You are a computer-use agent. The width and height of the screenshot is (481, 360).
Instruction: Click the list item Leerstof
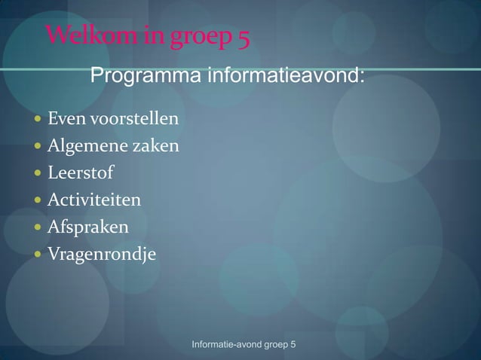pyautogui.click(x=81, y=173)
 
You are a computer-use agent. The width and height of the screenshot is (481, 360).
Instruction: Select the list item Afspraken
pyautogui.click(x=87, y=227)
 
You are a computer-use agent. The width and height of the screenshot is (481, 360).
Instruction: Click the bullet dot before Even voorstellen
pyautogui.click(x=38, y=119)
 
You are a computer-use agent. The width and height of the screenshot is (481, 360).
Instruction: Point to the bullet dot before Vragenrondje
pyautogui.click(x=38, y=255)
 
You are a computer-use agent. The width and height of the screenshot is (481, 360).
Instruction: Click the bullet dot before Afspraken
pyautogui.click(x=38, y=227)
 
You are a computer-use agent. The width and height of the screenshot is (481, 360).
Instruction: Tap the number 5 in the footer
pyautogui.click(x=293, y=344)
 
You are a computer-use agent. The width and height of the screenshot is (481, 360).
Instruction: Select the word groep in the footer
pyautogui.click(x=274, y=345)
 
